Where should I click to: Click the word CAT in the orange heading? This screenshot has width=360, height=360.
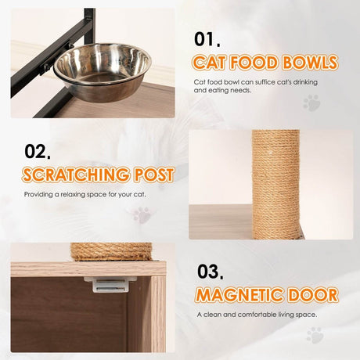[214, 62]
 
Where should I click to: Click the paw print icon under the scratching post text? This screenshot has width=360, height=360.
[142, 214]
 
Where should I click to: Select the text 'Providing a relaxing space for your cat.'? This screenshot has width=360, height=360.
[85, 194]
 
